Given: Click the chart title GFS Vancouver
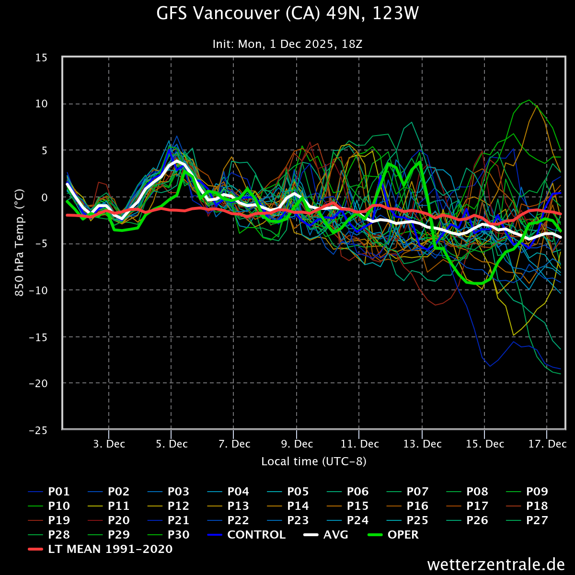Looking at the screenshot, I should pos(287,13).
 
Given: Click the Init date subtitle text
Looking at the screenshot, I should pos(287,44).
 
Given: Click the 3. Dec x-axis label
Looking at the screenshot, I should pos(109,444).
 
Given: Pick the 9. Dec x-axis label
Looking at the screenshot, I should pos(297,444).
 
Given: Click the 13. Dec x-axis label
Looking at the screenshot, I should pos(422,444).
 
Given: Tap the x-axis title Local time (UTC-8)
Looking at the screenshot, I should pos(314,461).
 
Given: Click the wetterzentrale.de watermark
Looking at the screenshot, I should pos(496,564).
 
